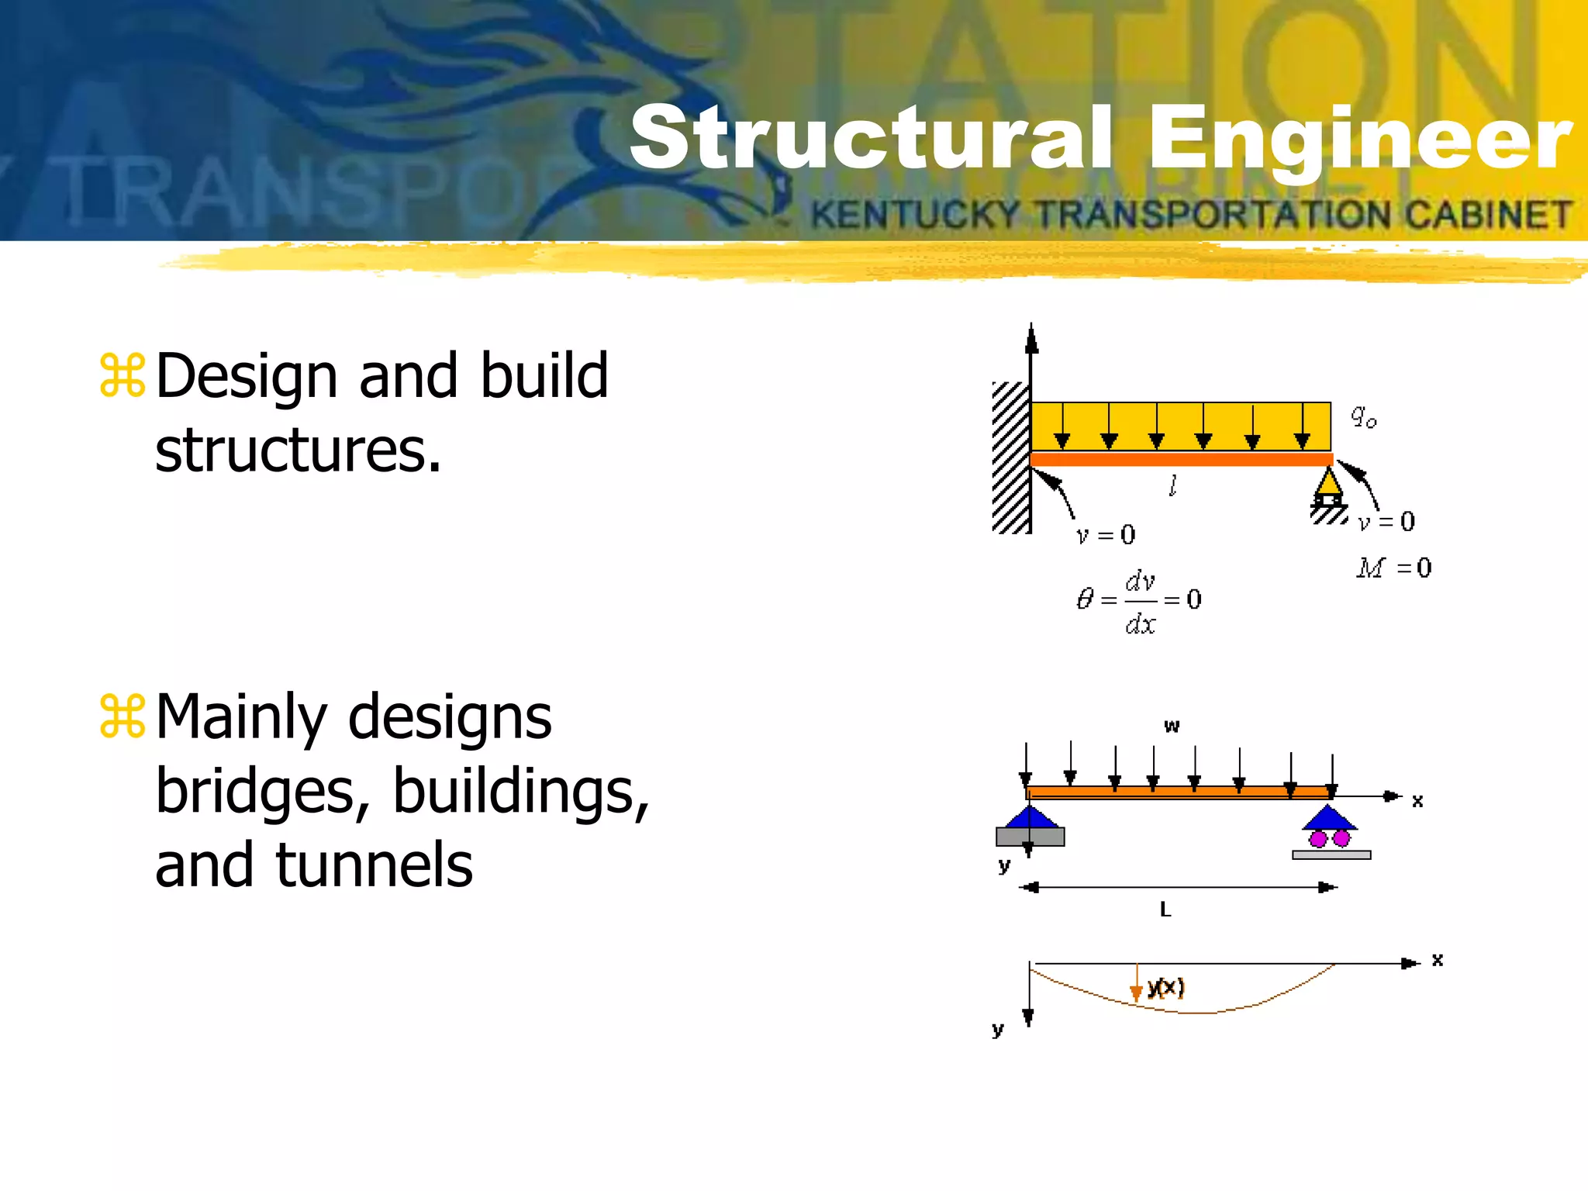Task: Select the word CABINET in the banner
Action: click(x=1489, y=214)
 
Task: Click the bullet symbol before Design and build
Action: click(x=123, y=376)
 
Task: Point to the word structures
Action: click(x=298, y=451)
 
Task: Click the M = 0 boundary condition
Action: click(x=1394, y=568)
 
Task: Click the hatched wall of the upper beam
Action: click(x=1010, y=457)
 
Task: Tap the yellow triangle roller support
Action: click(x=1329, y=484)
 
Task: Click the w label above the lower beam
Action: click(x=1172, y=726)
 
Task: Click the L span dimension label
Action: click(x=1165, y=910)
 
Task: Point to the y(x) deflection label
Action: click(x=1165, y=987)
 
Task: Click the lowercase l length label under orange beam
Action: click(x=1173, y=486)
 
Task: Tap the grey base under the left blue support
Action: click(x=1030, y=837)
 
